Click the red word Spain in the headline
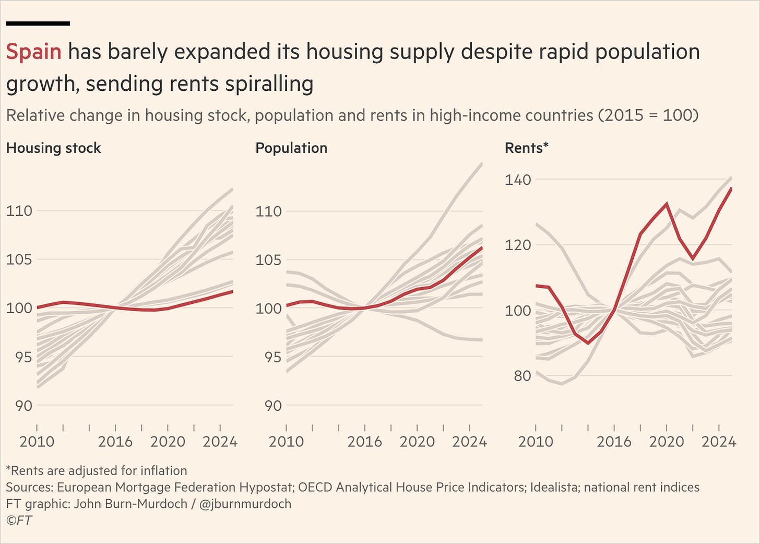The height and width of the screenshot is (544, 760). tap(33, 52)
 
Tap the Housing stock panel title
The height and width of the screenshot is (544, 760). tap(54, 148)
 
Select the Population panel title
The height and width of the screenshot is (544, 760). tap(291, 148)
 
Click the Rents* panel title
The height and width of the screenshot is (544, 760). tap(527, 148)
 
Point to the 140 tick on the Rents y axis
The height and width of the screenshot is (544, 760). tap(518, 180)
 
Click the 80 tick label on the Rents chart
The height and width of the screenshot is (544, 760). tap(522, 376)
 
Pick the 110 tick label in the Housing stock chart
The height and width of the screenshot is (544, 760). tap(19, 211)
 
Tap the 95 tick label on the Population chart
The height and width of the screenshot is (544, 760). tap(273, 357)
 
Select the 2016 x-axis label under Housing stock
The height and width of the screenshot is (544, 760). tap(115, 442)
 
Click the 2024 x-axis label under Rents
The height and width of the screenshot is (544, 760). tap(719, 442)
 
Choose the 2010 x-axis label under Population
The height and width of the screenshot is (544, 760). tap(286, 442)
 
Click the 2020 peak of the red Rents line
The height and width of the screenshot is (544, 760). tap(667, 204)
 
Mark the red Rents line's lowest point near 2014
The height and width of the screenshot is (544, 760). tap(588, 343)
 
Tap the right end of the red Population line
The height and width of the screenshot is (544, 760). tap(482, 248)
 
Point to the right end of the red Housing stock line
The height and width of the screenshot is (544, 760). tap(232, 291)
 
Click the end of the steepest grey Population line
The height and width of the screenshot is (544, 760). tap(482, 163)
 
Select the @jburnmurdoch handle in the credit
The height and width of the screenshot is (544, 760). tap(245, 504)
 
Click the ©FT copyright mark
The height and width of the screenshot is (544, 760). tap(19, 520)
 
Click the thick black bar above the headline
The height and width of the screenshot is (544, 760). tap(38, 23)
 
